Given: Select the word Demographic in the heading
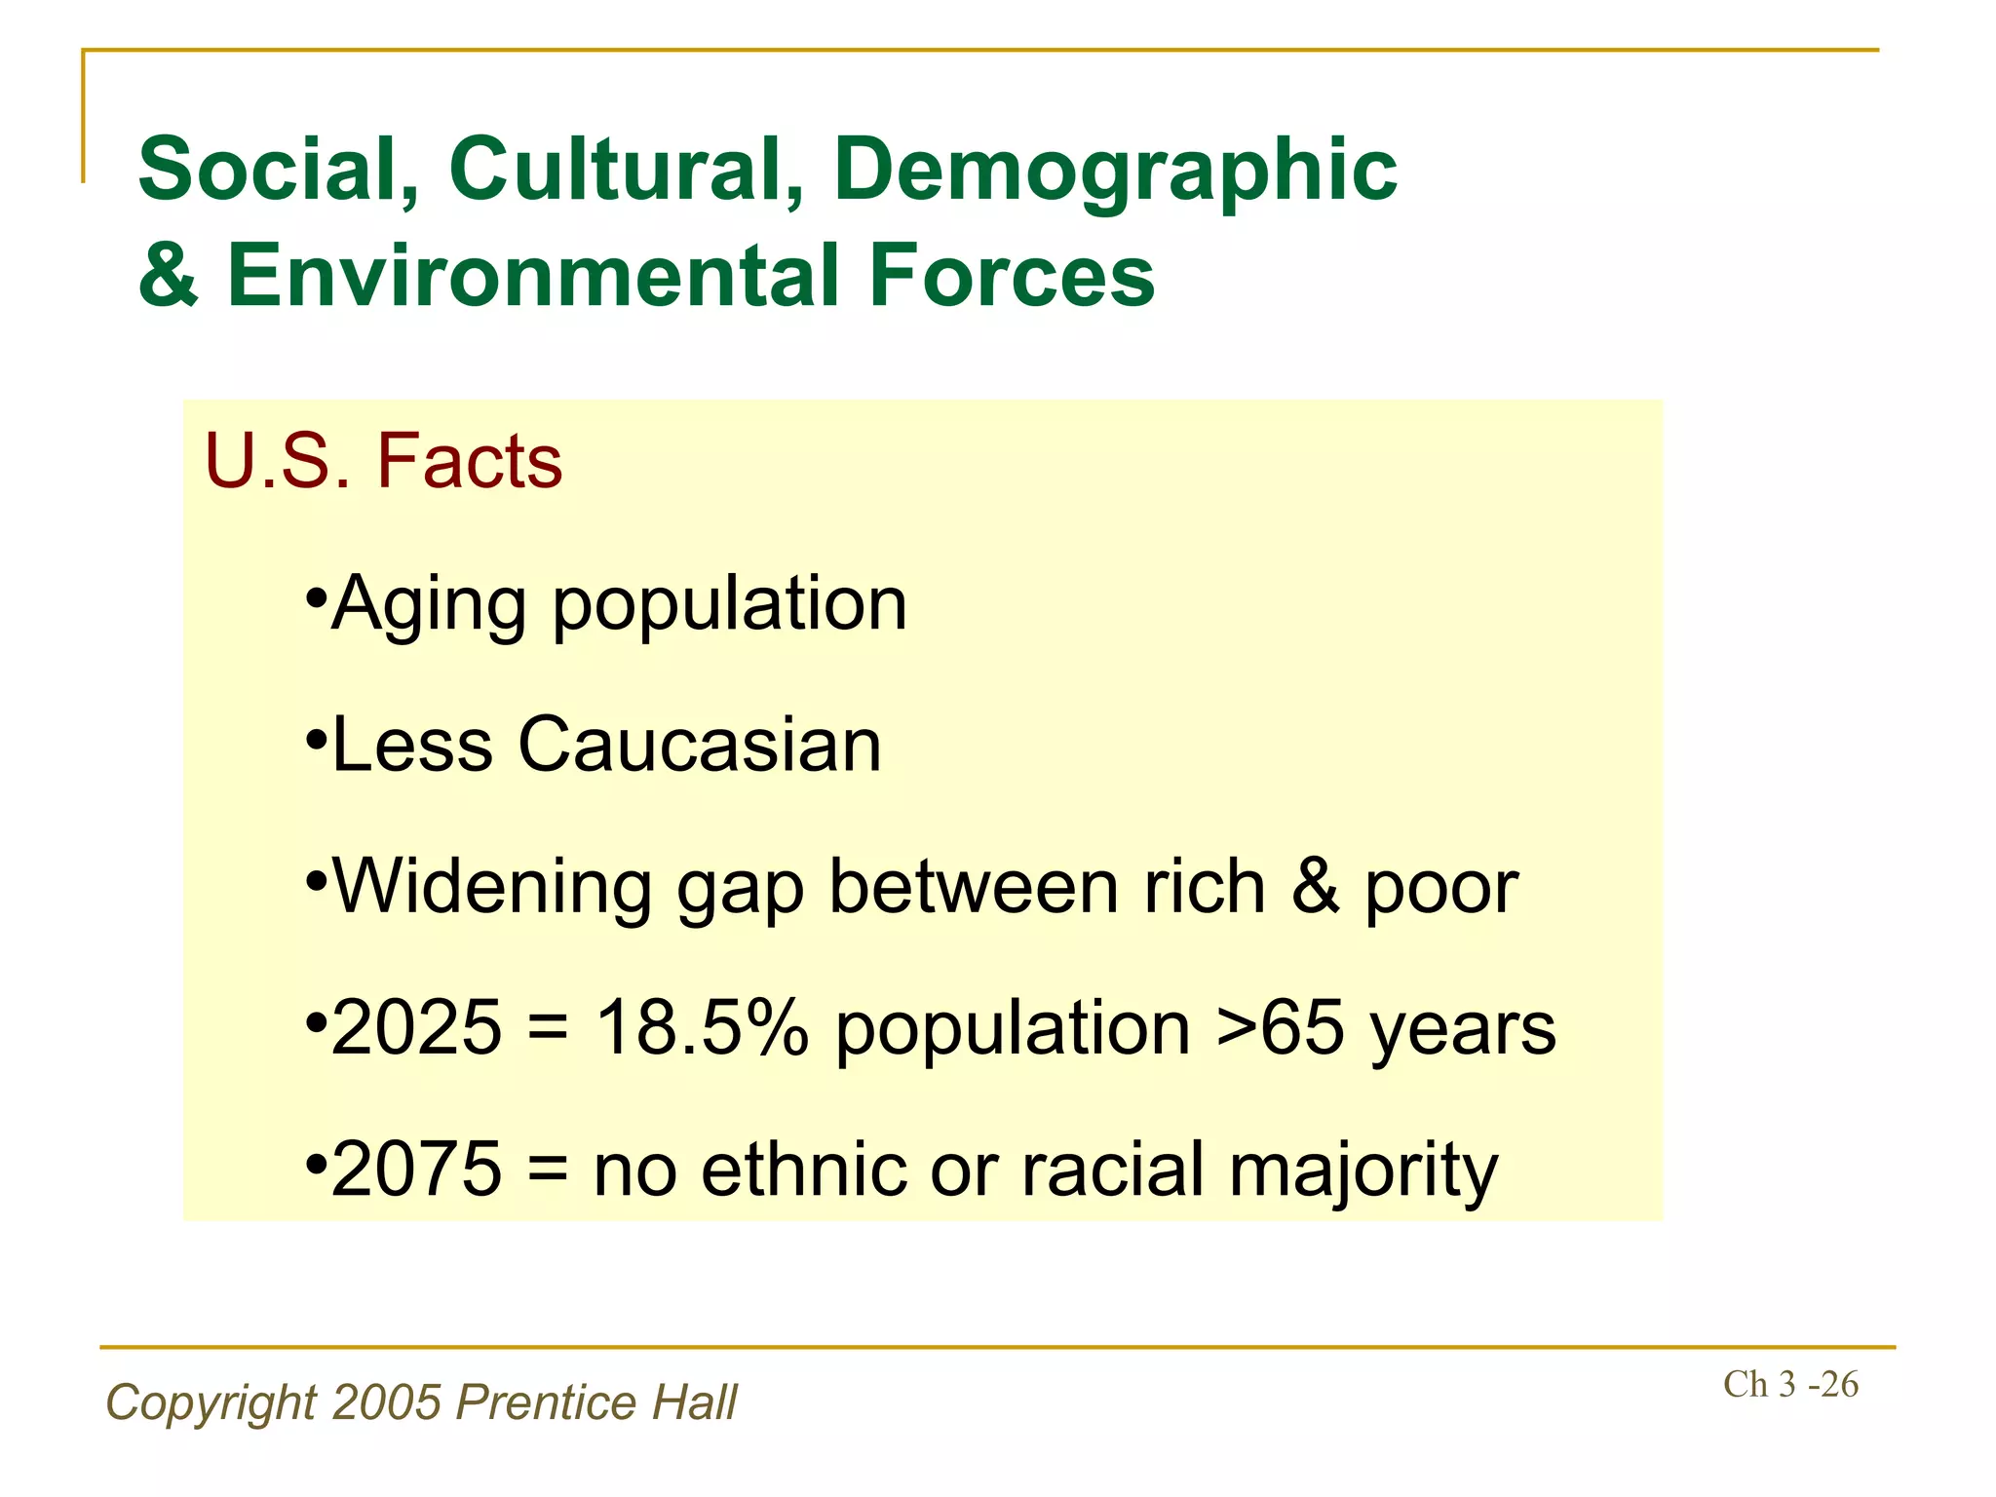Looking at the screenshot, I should click(x=1115, y=171).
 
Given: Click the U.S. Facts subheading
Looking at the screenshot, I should click(x=383, y=460).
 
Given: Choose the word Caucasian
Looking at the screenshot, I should click(x=699, y=746).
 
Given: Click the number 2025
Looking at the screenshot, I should click(x=416, y=1028).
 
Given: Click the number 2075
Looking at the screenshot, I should click(x=416, y=1170).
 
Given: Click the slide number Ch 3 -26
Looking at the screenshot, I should click(x=1790, y=1385).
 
